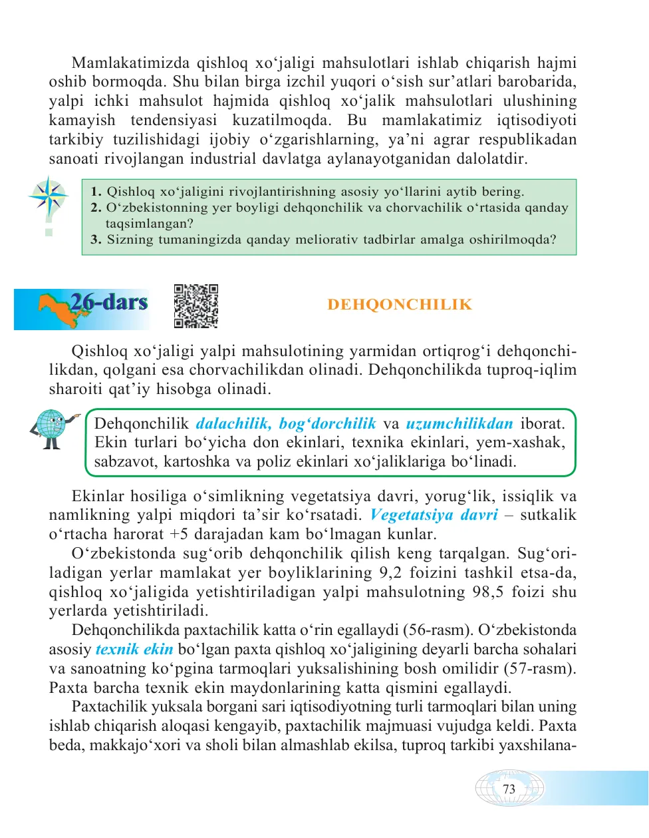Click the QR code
196,306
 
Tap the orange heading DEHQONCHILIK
400,305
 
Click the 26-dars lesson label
109,302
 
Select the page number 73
509,789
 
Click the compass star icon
49,197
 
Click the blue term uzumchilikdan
459,424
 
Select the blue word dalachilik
233,424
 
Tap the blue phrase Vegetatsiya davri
434,515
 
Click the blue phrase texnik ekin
134,650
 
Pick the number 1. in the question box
96,192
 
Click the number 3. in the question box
96,240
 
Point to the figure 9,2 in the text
390,573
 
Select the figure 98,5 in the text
487,592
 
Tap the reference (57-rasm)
539,669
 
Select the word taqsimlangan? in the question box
149,224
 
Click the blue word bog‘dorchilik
328,424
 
